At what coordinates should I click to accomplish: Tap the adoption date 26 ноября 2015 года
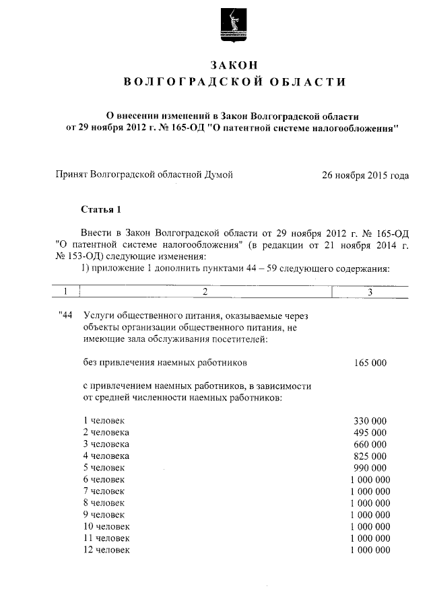point(365,176)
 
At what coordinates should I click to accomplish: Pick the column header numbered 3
point(370,291)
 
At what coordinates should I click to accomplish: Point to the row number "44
point(65,315)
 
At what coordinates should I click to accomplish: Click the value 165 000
point(370,363)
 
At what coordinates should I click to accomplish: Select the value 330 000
point(370,421)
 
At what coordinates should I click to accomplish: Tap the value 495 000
point(370,432)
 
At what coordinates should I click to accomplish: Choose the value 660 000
point(370,443)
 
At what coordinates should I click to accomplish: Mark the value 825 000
point(370,456)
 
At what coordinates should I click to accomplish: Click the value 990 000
point(370,467)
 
